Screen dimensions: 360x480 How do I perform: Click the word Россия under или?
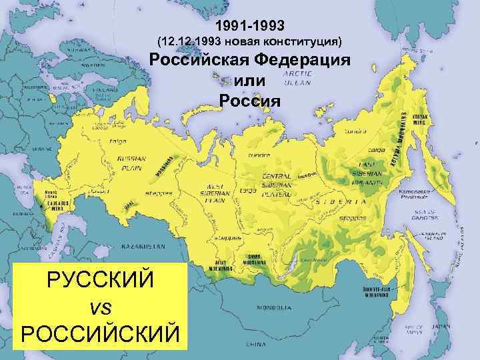249,101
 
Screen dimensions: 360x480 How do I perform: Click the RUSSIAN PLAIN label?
131,164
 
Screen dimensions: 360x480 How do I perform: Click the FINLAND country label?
103,89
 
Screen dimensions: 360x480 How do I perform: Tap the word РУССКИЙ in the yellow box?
100,281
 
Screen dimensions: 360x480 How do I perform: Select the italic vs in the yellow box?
99,306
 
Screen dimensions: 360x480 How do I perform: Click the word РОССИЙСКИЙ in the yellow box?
100,331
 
